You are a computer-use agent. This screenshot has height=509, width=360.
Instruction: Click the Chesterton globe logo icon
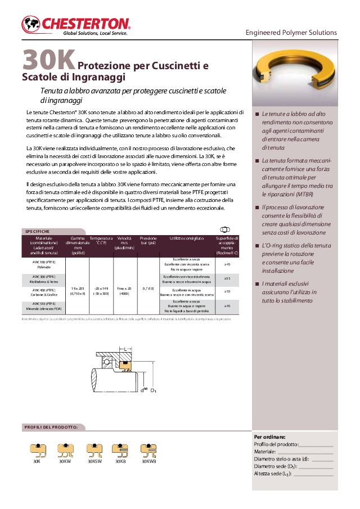[x=31, y=24]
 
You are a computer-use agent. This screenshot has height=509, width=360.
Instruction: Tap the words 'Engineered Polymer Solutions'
[x=291, y=33]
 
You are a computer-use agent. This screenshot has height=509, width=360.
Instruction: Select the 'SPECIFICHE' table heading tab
[x=38, y=231]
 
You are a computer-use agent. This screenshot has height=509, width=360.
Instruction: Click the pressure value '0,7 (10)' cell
[x=148, y=288]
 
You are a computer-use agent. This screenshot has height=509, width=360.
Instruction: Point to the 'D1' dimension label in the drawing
[x=153, y=390]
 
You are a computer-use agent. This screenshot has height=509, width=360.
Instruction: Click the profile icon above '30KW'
[x=65, y=449]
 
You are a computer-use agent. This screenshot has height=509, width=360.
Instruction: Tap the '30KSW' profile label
[x=94, y=461]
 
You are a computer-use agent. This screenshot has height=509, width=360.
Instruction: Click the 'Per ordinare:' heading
[x=270, y=437]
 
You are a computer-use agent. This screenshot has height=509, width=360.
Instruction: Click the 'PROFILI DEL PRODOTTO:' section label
[x=51, y=427]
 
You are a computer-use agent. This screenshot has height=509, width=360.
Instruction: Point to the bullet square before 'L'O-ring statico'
[x=257, y=246]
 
